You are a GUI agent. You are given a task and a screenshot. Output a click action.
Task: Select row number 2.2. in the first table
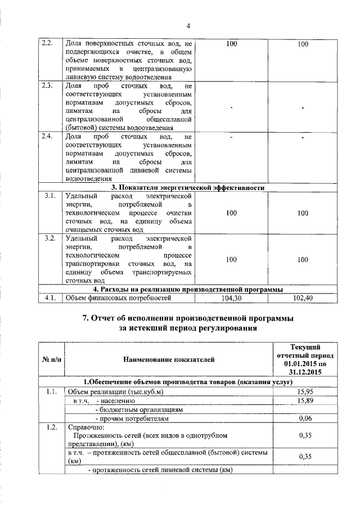coord(48,43)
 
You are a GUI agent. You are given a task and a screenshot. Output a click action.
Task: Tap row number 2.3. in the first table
coord(48,86)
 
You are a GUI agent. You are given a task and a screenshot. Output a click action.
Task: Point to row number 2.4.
coord(48,137)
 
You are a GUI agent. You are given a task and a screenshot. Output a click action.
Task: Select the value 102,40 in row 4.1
coord(303,298)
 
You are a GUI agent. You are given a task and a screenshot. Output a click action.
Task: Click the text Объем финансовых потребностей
coord(118,298)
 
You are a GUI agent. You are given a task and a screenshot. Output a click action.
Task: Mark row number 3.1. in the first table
coord(48,196)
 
